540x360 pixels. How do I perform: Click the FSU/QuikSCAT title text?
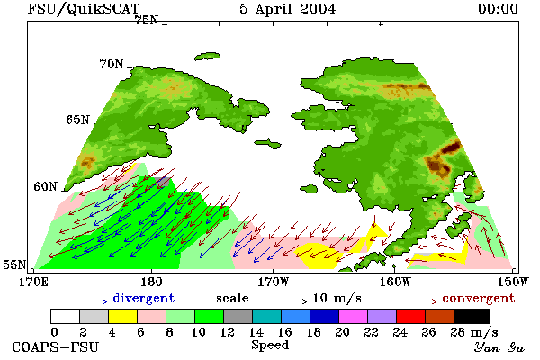(x=84, y=9)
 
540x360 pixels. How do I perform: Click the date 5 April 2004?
(x=288, y=9)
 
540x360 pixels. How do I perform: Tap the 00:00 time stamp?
(x=498, y=9)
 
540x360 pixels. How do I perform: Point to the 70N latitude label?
(x=112, y=64)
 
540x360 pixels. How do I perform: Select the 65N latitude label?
(x=77, y=120)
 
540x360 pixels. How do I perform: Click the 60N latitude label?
(x=45, y=186)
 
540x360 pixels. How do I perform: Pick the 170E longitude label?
(x=33, y=282)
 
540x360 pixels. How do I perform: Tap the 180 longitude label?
(x=151, y=282)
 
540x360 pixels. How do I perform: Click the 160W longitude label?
(x=395, y=282)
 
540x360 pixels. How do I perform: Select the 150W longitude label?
(x=513, y=282)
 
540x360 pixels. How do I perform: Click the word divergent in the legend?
(x=144, y=298)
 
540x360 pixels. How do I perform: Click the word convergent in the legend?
(x=479, y=298)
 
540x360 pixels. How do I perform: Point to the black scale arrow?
(x=281, y=301)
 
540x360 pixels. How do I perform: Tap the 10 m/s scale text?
(x=337, y=298)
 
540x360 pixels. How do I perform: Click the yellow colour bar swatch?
(x=122, y=316)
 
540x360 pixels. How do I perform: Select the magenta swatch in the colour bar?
(x=353, y=316)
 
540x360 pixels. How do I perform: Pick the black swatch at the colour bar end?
(x=472, y=316)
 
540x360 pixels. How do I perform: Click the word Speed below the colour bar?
(x=270, y=346)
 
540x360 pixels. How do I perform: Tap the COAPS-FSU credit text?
(x=56, y=346)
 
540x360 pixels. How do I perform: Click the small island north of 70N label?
(x=207, y=56)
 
